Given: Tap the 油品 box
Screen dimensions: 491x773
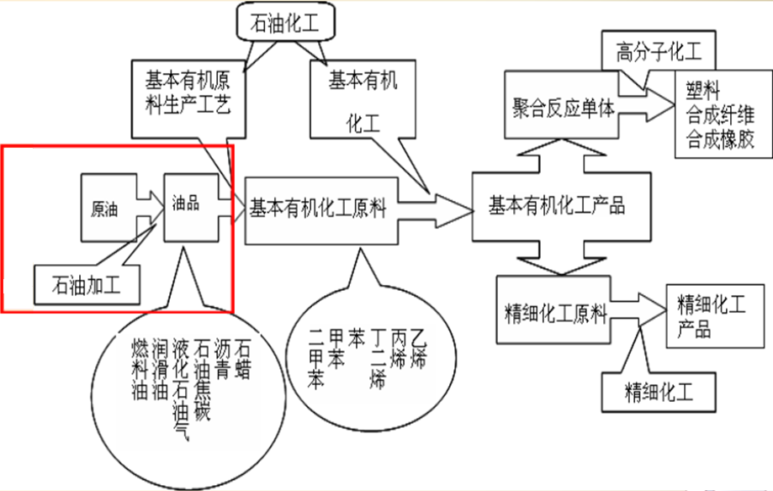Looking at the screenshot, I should tap(186, 204).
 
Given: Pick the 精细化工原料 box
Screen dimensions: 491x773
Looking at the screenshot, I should tap(555, 314).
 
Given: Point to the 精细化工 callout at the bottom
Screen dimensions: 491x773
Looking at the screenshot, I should tap(659, 391).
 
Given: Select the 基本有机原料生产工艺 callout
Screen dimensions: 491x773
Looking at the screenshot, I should tap(188, 93).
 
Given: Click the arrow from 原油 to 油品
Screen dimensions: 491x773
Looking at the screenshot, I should tap(150, 206).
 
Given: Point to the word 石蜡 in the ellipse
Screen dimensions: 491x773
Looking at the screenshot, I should tap(244, 357).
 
